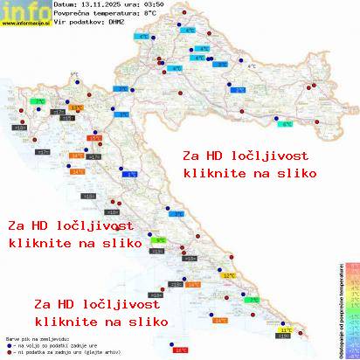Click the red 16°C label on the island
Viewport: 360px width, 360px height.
click(x=181, y=350)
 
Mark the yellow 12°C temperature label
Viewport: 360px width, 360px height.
click(x=230, y=275)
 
